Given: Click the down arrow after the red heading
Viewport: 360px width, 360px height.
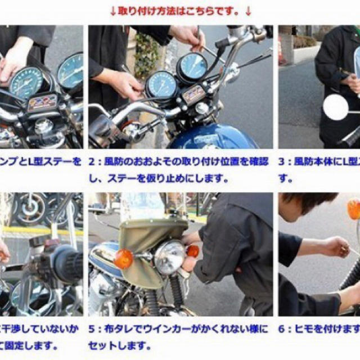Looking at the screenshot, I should (x=249, y=11).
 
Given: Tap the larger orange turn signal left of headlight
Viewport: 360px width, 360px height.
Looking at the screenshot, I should (x=123, y=259).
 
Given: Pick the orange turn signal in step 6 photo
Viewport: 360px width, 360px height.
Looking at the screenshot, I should (x=353, y=209).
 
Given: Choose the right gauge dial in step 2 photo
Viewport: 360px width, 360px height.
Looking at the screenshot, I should (x=192, y=66).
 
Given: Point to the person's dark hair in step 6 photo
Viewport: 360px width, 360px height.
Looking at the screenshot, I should (x=309, y=202).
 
